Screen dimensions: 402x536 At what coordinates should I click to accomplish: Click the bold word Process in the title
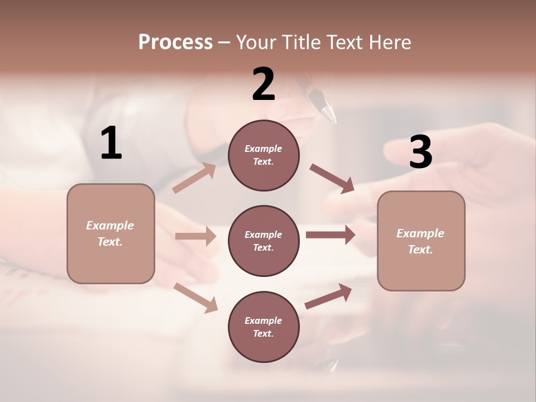175,42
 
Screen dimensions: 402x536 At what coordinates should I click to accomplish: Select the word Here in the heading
390,42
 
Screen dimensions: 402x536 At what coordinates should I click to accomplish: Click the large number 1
111,143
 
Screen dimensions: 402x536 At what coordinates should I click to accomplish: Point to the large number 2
264,85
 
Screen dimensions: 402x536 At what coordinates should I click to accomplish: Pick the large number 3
420,152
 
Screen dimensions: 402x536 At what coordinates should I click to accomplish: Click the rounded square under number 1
111,233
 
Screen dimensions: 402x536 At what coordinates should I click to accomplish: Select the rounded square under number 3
421,241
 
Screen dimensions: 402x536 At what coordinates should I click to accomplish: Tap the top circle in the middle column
264,155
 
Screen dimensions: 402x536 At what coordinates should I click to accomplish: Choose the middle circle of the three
264,241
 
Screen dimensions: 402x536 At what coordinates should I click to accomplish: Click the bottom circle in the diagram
264,327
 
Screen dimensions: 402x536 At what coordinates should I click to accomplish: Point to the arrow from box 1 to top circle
194,178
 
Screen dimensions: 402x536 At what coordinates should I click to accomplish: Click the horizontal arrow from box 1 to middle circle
195,236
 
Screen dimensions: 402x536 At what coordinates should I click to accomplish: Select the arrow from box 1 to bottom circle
195,298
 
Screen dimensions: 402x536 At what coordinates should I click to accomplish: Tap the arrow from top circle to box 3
332,178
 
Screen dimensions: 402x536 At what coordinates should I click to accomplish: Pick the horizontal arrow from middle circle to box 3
331,235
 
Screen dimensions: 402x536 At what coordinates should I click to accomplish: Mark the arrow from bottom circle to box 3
328,296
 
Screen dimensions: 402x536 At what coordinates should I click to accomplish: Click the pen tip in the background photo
330,114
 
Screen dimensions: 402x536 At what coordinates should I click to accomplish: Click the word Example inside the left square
110,226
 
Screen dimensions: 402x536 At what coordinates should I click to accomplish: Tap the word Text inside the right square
420,250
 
